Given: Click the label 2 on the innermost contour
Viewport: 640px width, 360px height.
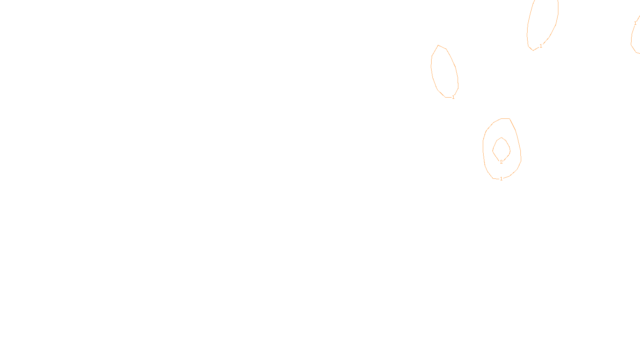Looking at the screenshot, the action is pyautogui.click(x=501, y=162).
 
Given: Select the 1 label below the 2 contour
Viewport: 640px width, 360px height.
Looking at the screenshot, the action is pyautogui.click(x=501, y=179).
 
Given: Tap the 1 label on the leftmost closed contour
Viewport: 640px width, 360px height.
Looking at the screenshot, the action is pyautogui.click(x=453, y=97).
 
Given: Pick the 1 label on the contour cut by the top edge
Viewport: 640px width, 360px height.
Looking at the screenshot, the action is pyautogui.click(x=541, y=46).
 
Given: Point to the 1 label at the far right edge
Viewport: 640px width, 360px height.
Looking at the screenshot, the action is pyautogui.click(x=635, y=23).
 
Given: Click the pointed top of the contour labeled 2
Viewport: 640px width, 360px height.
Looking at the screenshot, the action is pyautogui.click(x=501, y=138).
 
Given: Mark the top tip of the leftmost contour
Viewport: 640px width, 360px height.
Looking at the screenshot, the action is pyautogui.click(x=439, y=45).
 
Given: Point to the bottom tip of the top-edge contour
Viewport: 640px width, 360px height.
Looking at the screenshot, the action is pyautogui.click(x=533, y=50).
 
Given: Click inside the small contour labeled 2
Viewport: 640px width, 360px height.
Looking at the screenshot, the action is pyautogui.click(x=501, y=150).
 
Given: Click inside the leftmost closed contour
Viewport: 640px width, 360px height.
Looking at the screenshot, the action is pyautogui.click(x=444, y=72).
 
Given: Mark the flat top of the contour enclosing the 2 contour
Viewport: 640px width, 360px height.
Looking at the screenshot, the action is pyautogui.click(x=506, y=118).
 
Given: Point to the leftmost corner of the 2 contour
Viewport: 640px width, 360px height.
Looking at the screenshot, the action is pyautogui.click(x=493, y=151).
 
